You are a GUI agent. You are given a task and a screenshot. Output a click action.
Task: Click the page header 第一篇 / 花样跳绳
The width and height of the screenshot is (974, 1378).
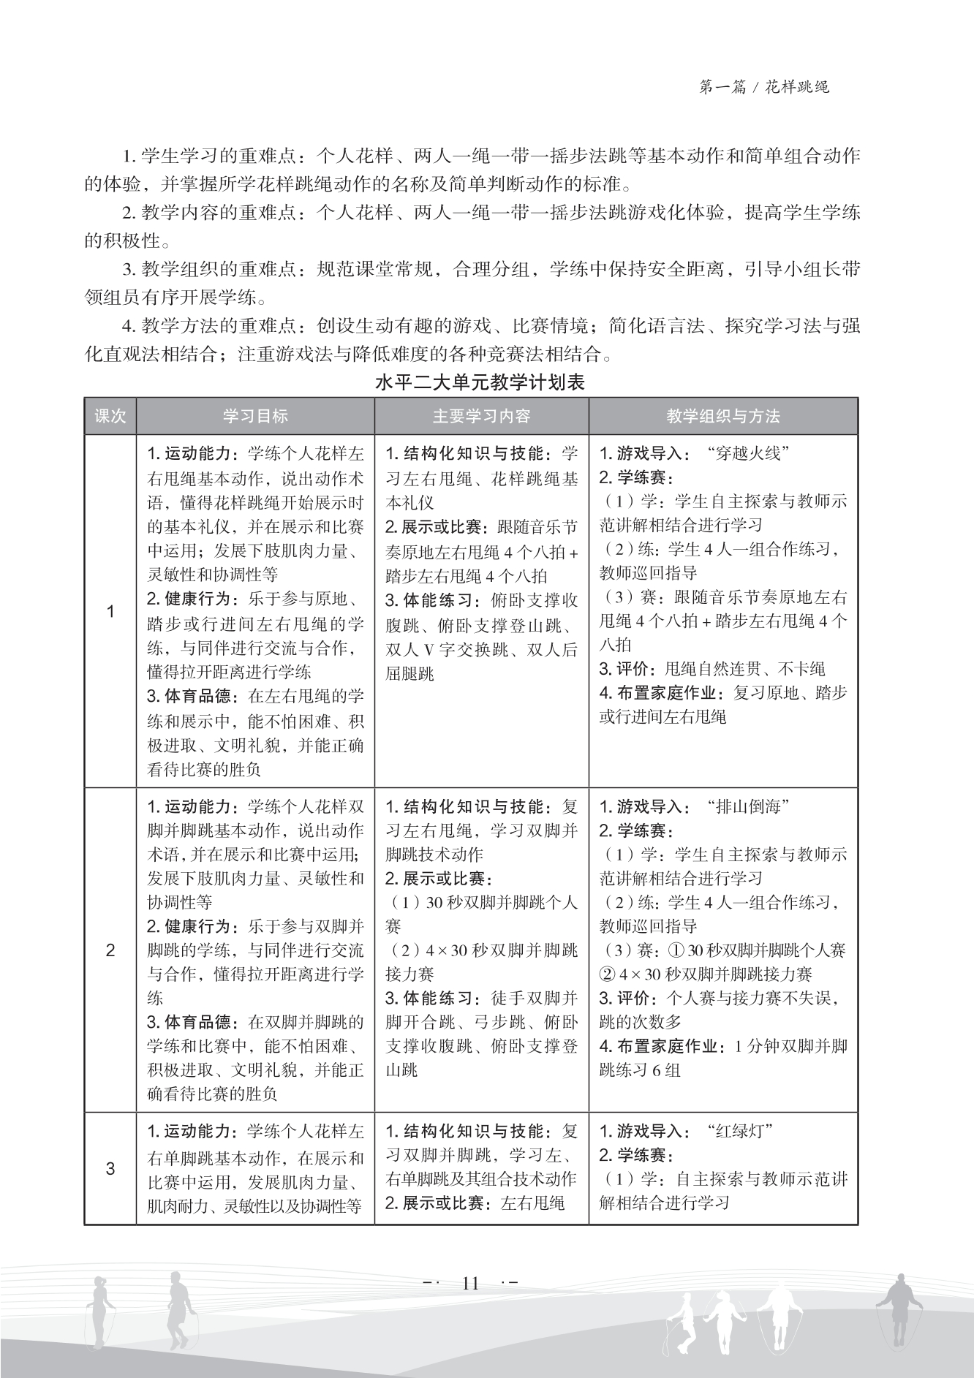(x=763, y=87)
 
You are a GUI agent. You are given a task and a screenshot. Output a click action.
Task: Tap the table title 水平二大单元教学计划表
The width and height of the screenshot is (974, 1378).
(x=480, y=382)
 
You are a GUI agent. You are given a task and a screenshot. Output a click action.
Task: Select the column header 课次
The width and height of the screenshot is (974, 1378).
(x=110, y=417)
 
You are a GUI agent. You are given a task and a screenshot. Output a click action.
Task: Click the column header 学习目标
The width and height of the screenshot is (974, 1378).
(x=255, y=417)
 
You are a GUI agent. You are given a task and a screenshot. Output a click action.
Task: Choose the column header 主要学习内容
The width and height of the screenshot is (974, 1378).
(x=481, y=417)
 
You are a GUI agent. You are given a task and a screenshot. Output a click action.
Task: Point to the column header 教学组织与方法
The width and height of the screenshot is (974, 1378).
(x=722, y=417)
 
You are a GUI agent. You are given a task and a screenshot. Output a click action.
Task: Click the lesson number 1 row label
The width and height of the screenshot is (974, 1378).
(x=110, y=611)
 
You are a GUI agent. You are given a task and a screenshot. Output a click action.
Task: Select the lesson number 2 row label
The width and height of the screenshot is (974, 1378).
(x=110, y=950)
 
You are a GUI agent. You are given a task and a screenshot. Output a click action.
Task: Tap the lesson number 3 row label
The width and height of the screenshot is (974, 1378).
(x=110, y=1168)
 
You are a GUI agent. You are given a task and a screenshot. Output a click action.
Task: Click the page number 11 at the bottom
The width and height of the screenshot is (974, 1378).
(x=470, y=1283)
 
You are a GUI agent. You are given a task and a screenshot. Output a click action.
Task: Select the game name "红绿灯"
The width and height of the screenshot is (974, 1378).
(x=740, y=1132)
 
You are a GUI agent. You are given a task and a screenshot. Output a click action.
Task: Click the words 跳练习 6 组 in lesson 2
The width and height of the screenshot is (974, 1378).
(x=640, y=1070)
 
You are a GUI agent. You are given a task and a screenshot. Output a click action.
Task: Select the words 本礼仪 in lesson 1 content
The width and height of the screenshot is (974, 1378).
(x=409, y=503)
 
